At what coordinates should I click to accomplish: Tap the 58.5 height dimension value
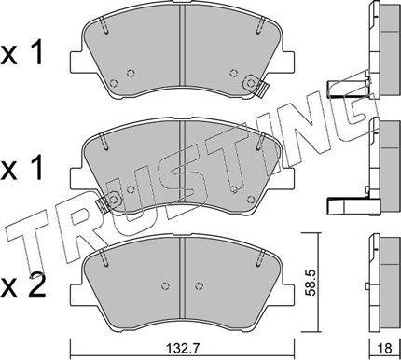[x=311, y=282]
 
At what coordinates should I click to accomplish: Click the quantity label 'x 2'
[x=22, y=285]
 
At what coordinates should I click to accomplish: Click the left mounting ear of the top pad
[x=76, y=62]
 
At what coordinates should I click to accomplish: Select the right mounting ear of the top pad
[x=288, y=62]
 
